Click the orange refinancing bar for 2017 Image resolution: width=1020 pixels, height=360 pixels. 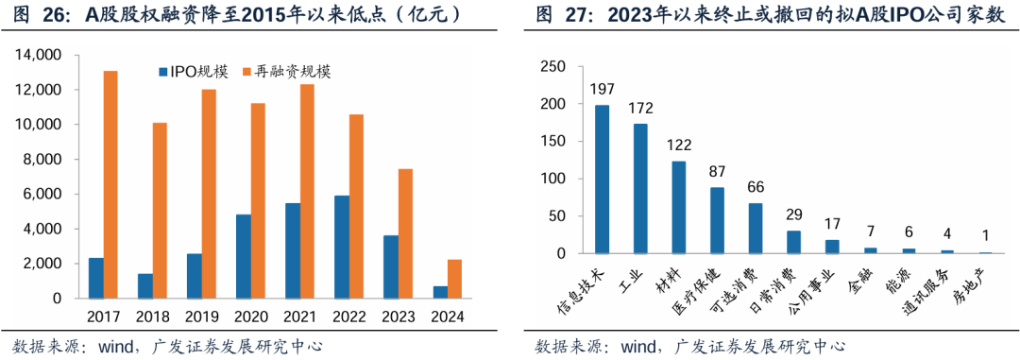110,184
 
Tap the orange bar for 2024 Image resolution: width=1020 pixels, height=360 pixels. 454,279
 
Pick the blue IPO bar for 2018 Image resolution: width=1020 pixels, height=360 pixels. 144,286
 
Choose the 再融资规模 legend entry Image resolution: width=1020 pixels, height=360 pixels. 287,72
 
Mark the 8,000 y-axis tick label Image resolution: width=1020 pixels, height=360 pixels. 43,160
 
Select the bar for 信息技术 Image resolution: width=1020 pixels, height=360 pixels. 602,180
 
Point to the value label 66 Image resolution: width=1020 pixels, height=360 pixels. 756,187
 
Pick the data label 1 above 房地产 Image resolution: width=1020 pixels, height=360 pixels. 985,236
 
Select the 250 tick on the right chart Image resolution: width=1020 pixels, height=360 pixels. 553,66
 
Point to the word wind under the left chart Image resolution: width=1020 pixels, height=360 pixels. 117,346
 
